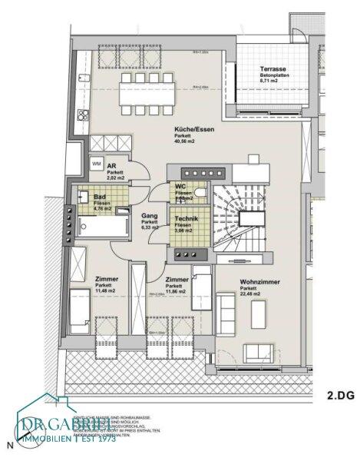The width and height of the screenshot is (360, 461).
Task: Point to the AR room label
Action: (111, 166)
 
